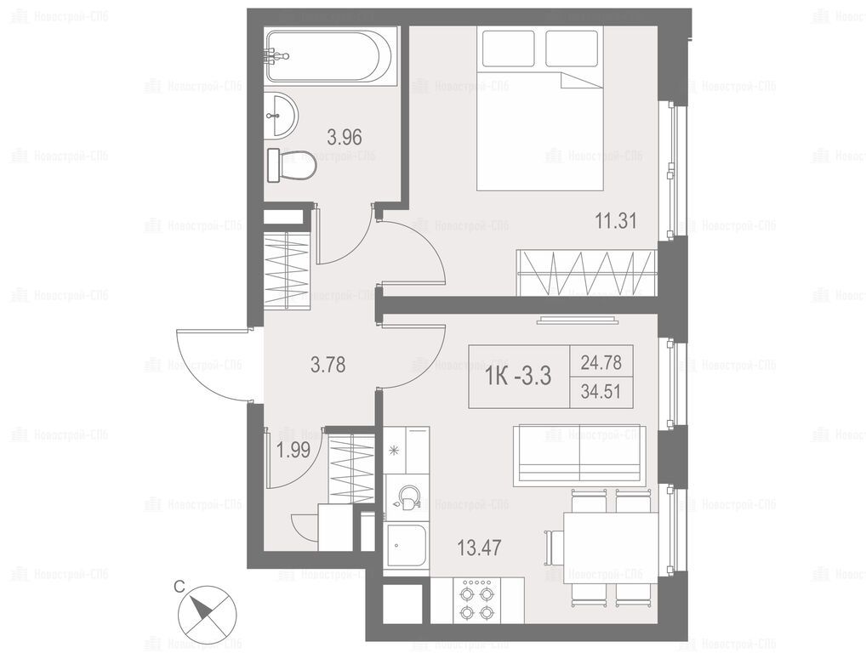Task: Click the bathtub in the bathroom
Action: pyautogui.click(x=330, y=56)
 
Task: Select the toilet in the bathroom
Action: pyautogui.click(x=291, y=164)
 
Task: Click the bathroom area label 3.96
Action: pyautogui.click(x=345, y=137)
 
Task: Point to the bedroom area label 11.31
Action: pyautogui.click(x=616, y=221)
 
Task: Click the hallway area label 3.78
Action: pyautogui.click(x=328, y=364)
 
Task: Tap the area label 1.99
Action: pyautogui.click(x=293, y=451)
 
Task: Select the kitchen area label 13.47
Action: pyautogui.click(x=479, y=548)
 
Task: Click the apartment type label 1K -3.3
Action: pyautogui.click(x=518, y=377)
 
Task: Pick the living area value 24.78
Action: pyautogui.click(x=601, y=363)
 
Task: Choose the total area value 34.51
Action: pyautogui.click(x=601, y=392)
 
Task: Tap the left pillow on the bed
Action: pyautogui.click(x=508, y=48)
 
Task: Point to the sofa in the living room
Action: pyautogui.click(x=578, y=456)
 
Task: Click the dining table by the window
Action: pyautogui.click(x=610, y=548)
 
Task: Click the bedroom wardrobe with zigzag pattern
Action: pyautogui.click(x=586, y=272)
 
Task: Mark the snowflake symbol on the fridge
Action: pyautogui.click(x=395, y=451)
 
